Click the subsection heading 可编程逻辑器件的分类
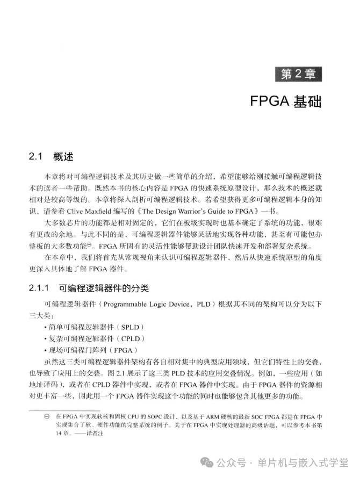point(103,288)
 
